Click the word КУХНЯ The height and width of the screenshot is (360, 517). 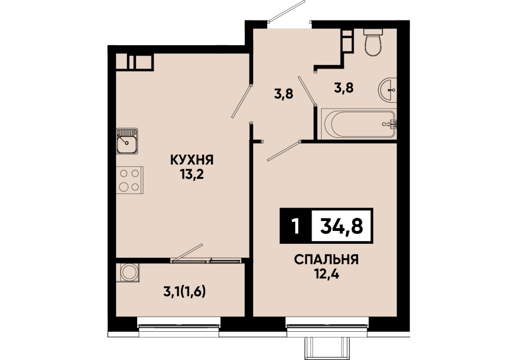(192, 160)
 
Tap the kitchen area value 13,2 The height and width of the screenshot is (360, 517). (192, 174)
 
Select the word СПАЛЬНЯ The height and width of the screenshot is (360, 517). (326, 260)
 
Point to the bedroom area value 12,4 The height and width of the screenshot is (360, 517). (326, 274)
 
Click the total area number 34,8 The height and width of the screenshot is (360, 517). (342, 226)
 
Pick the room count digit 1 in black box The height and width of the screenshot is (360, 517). (296, 226)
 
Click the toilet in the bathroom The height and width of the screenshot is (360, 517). (373, 42)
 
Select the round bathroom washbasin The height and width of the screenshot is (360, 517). (387, 90)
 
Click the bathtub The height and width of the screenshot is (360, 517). (359, 123)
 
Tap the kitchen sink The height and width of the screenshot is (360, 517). (127, 141)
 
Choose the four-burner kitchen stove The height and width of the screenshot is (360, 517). (130, 179)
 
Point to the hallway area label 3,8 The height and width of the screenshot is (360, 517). (284, 95)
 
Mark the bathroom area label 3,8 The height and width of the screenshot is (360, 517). (344, 88)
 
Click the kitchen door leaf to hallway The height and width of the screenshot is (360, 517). (242, 101)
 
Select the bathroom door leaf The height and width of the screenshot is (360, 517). (307, 91)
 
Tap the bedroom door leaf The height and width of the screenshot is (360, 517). (284, 151)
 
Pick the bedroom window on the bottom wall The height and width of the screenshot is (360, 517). (327, 326)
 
